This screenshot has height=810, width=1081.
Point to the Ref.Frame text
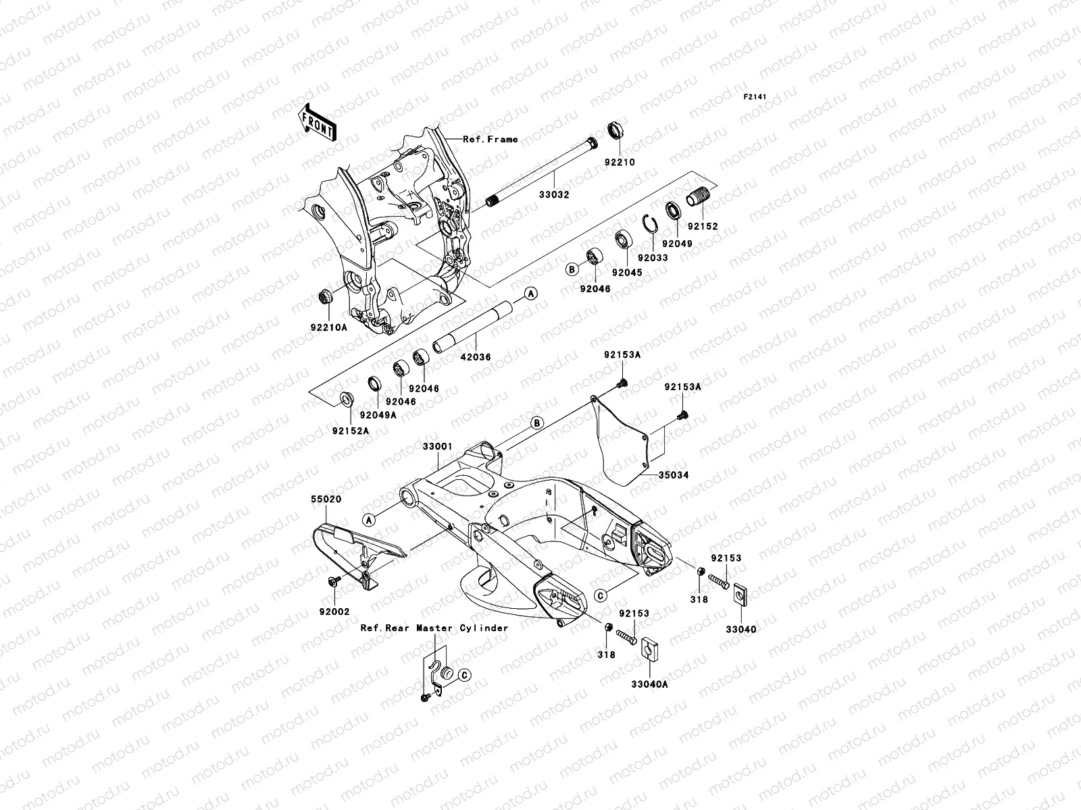(490, 139)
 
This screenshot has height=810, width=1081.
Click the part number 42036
(476, 357)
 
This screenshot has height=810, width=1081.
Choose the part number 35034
(673, 475)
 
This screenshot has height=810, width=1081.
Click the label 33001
(437, 447)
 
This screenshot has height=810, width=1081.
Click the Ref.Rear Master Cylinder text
(434, 628)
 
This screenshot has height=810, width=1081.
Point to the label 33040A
(649, 684)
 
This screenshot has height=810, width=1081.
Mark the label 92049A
(377, 415)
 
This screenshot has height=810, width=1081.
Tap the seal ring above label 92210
(634, 130)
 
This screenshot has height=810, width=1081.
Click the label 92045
(627, 273)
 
